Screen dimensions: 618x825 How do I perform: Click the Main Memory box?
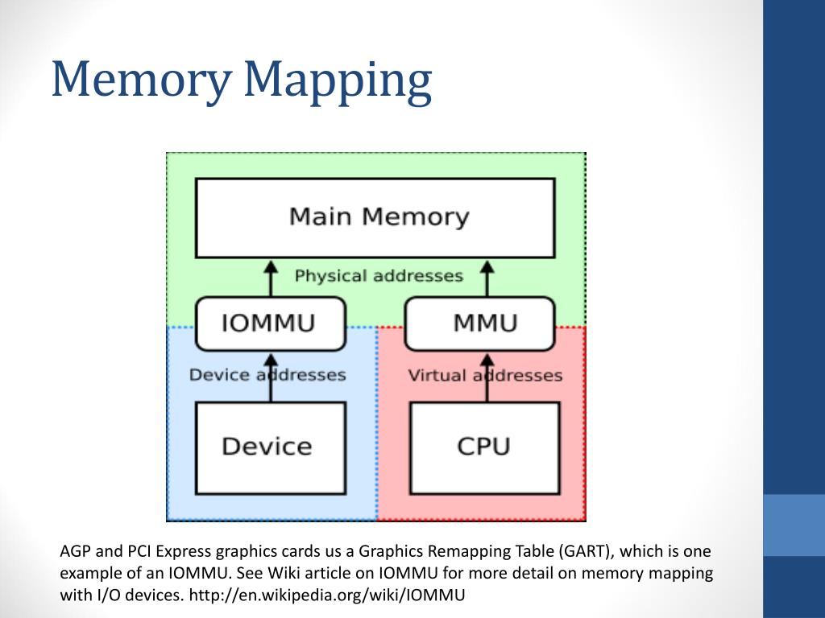(375, 217)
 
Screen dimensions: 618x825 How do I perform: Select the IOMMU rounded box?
(270, 323)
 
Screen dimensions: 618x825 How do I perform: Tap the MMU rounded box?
(480, 323)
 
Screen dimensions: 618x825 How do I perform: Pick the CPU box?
(484, 447)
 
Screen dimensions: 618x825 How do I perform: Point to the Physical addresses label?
(379, 276)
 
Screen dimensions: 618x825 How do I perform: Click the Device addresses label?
(267, 375)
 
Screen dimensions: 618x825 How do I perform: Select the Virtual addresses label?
(485, 375)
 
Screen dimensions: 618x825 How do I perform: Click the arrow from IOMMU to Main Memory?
(272, 278)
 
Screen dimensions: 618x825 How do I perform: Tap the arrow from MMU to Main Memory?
(487, 278)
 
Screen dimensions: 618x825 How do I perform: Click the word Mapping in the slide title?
(338, 80)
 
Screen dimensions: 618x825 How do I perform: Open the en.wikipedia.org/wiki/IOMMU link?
(329, 595)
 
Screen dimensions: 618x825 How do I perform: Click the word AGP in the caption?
(76, 551)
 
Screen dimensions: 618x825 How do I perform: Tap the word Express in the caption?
(184, 551)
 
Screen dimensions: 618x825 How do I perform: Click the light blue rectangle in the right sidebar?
(794, 525)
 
